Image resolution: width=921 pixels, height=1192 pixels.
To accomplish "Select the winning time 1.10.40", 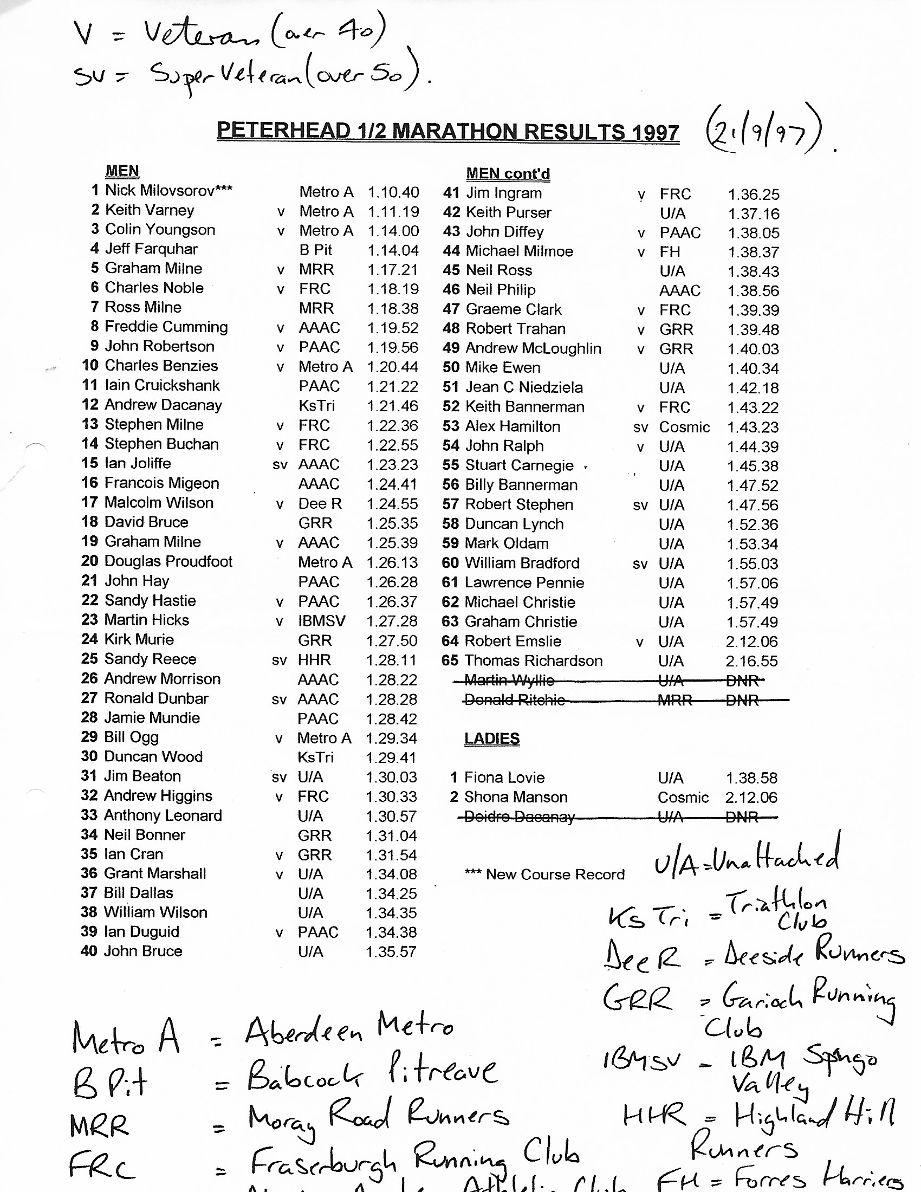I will (x=393, y=192).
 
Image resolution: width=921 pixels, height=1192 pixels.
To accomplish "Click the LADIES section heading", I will (x=491, y=738).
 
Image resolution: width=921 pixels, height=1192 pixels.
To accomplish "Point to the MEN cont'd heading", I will (x=508, y=173).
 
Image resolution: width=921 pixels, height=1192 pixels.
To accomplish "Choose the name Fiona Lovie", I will (x=504, y=777).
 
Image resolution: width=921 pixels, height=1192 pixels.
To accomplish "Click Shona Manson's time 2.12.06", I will (x=751, y=798).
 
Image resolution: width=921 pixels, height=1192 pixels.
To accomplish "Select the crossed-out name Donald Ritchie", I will (x=514, y=699).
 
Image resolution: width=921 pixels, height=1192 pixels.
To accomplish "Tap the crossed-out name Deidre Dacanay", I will (x=519, y=817).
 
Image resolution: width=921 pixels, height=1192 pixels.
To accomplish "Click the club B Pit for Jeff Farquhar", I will (x=315, y=250).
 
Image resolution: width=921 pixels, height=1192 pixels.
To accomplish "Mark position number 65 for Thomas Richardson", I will (x=450, y=660).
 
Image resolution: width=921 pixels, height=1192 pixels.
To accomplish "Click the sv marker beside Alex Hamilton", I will (x=640, y=427).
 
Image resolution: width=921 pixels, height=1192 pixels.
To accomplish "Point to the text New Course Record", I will (x=555, y=874).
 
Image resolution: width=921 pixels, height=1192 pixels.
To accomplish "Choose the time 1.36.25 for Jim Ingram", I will (x=754, y=195).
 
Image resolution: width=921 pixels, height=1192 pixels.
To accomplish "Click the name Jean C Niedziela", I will (x=524, y=387).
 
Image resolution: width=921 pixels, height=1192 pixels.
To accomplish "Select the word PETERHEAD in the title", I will (x=283, y=131).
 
